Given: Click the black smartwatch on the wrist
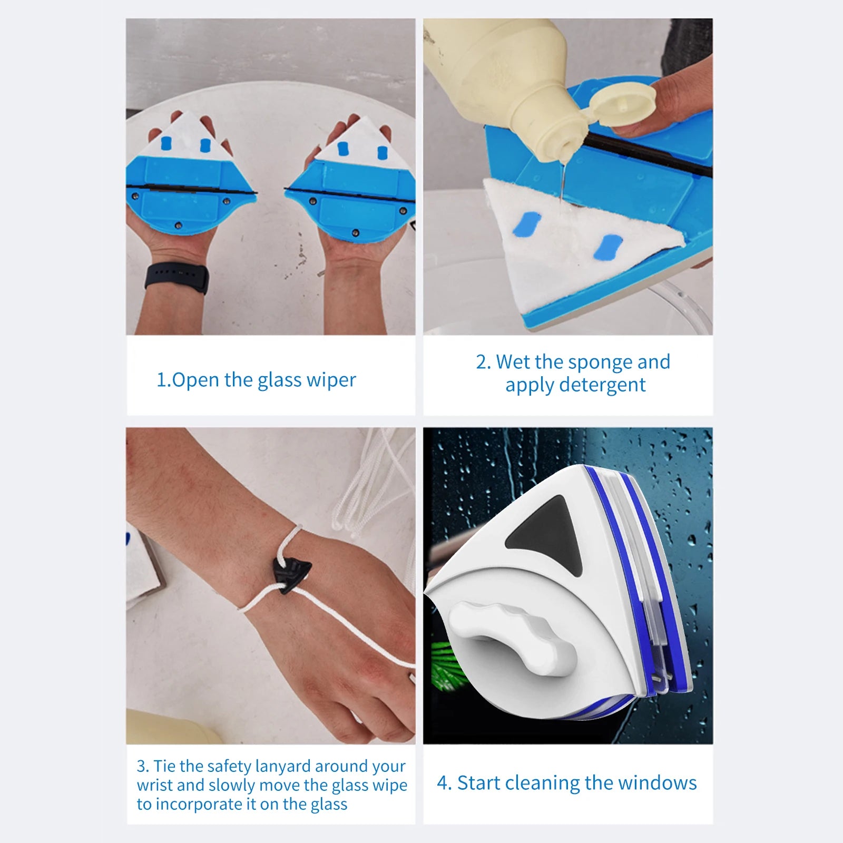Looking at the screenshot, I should (177, 278).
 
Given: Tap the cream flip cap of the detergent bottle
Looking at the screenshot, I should (622, 105).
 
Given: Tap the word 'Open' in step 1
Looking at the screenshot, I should (195, 380).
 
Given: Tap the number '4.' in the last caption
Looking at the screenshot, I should (444, 783).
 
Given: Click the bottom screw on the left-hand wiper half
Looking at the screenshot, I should (179, 226).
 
